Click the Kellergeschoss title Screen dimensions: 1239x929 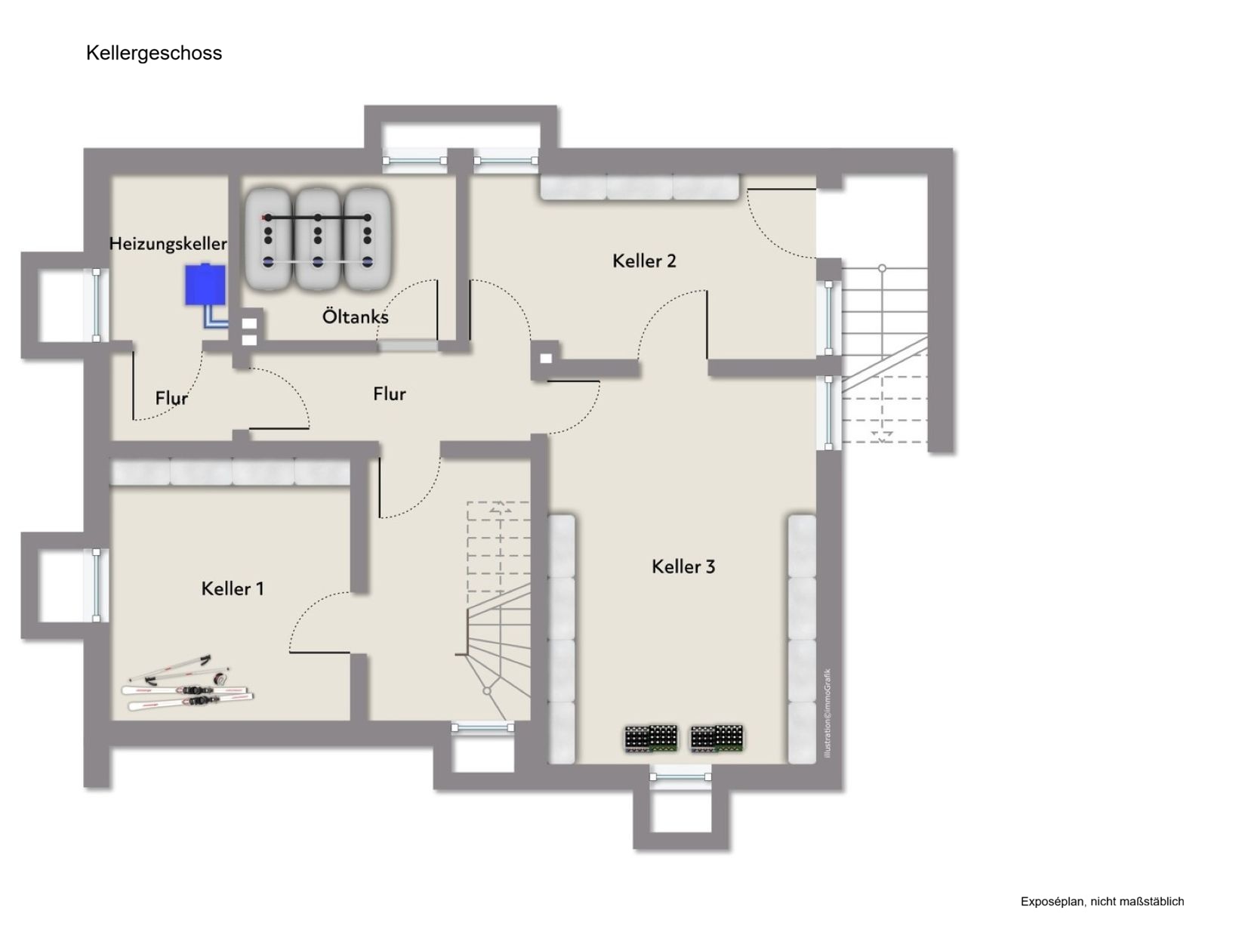[154, 53]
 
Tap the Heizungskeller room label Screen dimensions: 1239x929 [168, 244]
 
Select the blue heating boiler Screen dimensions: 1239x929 [205, 285]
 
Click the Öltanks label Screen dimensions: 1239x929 [355, 316]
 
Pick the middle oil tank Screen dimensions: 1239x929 [318, 240]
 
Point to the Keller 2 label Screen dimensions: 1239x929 [644, 261]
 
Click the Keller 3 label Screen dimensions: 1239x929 [683, 566]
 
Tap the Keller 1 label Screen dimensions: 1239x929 [233, 588]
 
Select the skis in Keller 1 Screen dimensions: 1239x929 [187, 684]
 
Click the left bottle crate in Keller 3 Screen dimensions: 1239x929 [651, 738]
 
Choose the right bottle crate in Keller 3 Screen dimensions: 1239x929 [717, 738]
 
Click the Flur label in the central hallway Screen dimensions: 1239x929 [390, 394]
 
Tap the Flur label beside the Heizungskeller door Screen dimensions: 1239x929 [171, 398]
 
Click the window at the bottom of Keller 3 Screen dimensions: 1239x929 [680, 776]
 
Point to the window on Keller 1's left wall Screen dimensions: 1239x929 [97, 585]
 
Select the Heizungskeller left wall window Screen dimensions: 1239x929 [97, 305]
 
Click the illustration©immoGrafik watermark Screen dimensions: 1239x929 [828, 714]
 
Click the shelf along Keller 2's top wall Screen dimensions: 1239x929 [640, 187]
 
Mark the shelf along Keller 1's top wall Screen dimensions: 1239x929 [230, 472]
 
